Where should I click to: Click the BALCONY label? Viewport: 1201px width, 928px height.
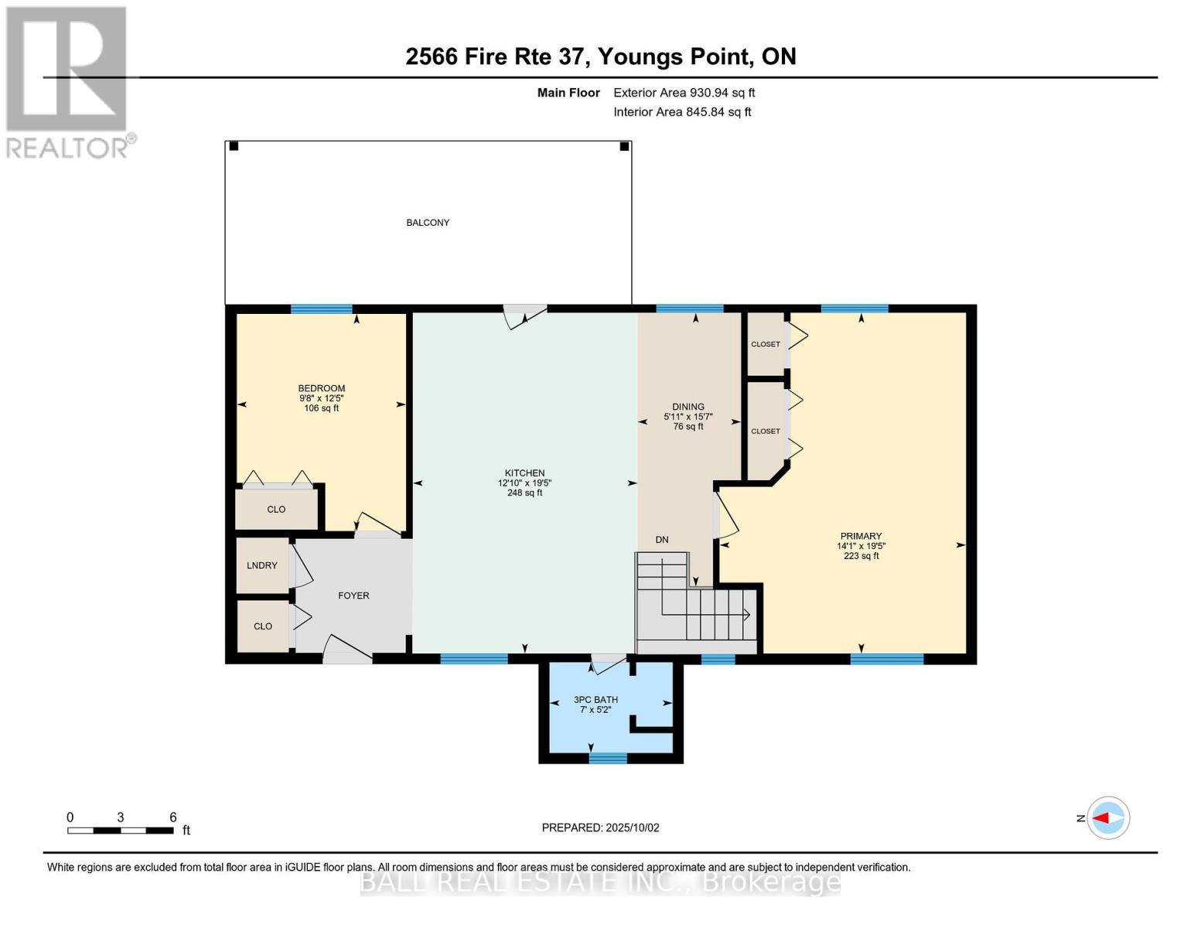pos(428,223)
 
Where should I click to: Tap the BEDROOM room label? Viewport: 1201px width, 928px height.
pos(322,389)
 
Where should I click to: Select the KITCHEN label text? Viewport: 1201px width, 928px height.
pos(524,473)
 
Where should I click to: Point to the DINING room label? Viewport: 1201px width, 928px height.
pos(688,407)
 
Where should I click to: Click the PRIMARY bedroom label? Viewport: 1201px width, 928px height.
pos(861,537)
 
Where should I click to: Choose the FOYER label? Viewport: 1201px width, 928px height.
pos(353,595)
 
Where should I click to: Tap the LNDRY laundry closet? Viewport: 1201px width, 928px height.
pos(262,566)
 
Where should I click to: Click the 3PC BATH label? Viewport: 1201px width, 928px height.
pos(595,700)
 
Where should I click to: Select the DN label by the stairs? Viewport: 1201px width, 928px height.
pos(662,540)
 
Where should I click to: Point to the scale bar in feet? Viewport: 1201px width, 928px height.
pos(121,831)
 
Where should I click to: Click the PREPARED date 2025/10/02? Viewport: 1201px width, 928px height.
pos(600,827)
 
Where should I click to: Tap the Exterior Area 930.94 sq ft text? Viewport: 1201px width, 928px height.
pos(684,93)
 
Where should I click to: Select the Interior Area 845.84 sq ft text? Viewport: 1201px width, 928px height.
pos(682,112)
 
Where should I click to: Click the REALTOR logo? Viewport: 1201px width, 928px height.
pos(69,82)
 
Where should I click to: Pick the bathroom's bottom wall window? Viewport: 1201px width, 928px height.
pos(608,758)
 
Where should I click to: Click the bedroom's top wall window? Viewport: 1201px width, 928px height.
pos(321,309)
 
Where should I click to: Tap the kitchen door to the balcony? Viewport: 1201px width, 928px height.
pos(525,314)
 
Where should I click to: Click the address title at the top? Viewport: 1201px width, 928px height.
pos(600,56)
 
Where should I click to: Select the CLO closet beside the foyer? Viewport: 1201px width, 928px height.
pos(263,626)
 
